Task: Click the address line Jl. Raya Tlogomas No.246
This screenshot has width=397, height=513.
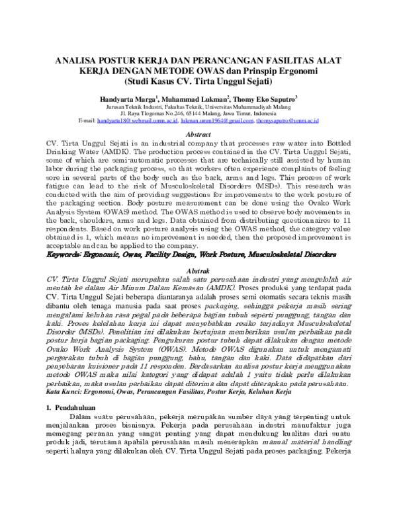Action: pos(198,113)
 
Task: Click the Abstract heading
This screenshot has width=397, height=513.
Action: pos(198,134)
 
